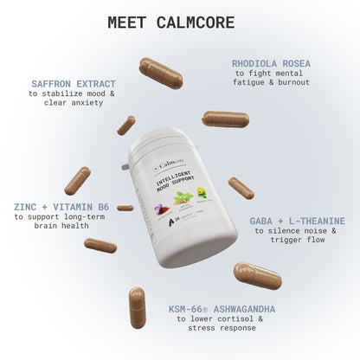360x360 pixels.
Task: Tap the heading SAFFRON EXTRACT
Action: [x=73, y=84]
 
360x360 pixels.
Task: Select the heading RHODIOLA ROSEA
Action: [x=270, y=63]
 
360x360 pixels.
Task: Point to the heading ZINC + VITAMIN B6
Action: [x=61, y=208]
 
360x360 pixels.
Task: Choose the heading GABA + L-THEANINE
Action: [x=297, y=221]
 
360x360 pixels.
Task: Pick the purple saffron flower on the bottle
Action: [x=161, y=210]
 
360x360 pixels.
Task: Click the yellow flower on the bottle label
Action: [x=202, y=193]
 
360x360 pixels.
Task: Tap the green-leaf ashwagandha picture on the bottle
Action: [x=183, y=198]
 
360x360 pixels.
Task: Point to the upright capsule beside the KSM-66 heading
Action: [x=137, y=307]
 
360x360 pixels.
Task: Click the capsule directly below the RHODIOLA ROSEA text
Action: [x=225, y=119]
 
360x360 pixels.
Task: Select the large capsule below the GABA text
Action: [x=257, y=275]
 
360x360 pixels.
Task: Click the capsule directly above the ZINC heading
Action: [x=77, y=180]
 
